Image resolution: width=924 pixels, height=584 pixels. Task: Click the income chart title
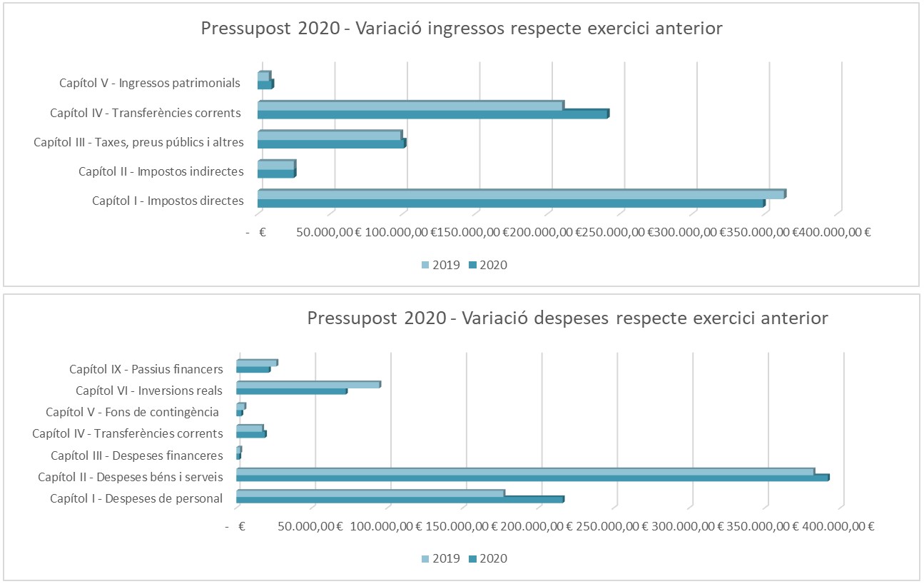[462, 29]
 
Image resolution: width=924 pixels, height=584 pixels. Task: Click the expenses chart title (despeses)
[567, 318]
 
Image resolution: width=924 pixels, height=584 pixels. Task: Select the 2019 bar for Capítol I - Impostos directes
[521, 194]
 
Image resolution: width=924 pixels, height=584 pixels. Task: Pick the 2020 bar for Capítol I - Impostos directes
[510, 203]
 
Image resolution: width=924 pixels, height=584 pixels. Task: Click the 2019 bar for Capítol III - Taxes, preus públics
[329, 135]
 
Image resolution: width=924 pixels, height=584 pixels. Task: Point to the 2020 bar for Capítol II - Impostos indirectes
[275, 173]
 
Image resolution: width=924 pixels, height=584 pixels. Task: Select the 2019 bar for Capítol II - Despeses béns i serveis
[524, 471]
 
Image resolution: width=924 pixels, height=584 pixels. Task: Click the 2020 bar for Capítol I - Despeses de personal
[400, 499]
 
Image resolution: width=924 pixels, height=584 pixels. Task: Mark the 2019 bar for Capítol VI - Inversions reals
[308, 384]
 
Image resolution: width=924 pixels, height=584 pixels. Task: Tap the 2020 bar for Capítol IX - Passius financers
[253, 369]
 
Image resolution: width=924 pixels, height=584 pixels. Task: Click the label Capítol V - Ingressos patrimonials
[150, 83]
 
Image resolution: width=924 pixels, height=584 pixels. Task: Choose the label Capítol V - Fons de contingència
[132, 412]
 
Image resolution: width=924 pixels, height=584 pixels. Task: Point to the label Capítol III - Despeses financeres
[137, 455]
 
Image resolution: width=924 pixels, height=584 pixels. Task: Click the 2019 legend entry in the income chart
[442, 265]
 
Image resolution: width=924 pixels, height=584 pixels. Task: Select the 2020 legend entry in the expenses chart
[488, 558]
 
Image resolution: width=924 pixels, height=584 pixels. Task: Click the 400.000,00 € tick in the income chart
[832, 232]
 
